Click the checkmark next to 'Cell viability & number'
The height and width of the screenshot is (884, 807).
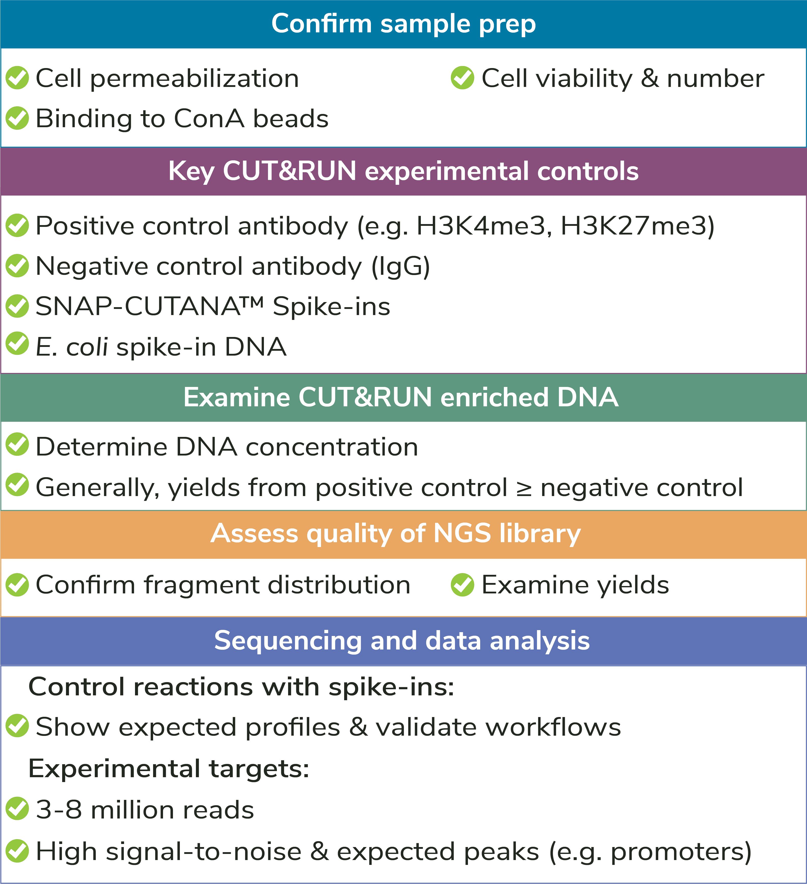point(462,78)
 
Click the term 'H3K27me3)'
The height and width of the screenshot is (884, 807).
point(637,226)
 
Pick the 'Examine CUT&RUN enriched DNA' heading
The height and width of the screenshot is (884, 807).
point(400,397)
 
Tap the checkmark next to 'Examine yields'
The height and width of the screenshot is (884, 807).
point(462,585)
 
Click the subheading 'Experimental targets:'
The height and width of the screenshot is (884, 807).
point(169,769)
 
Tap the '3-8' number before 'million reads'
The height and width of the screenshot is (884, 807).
point(59,810)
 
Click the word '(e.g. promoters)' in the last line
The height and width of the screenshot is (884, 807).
point(650,852)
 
